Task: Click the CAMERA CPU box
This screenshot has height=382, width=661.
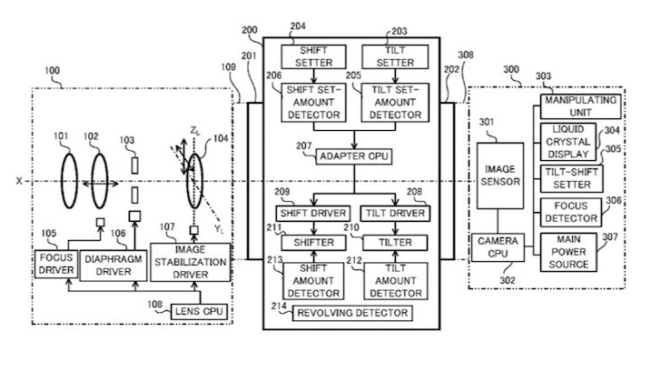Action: point(498,248)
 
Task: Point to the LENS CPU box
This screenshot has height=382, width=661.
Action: point(200,312)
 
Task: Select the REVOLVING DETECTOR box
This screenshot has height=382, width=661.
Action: point(350,313)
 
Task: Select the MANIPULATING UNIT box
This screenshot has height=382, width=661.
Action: point(578,105)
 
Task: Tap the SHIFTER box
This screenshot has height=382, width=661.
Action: point(309,243)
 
